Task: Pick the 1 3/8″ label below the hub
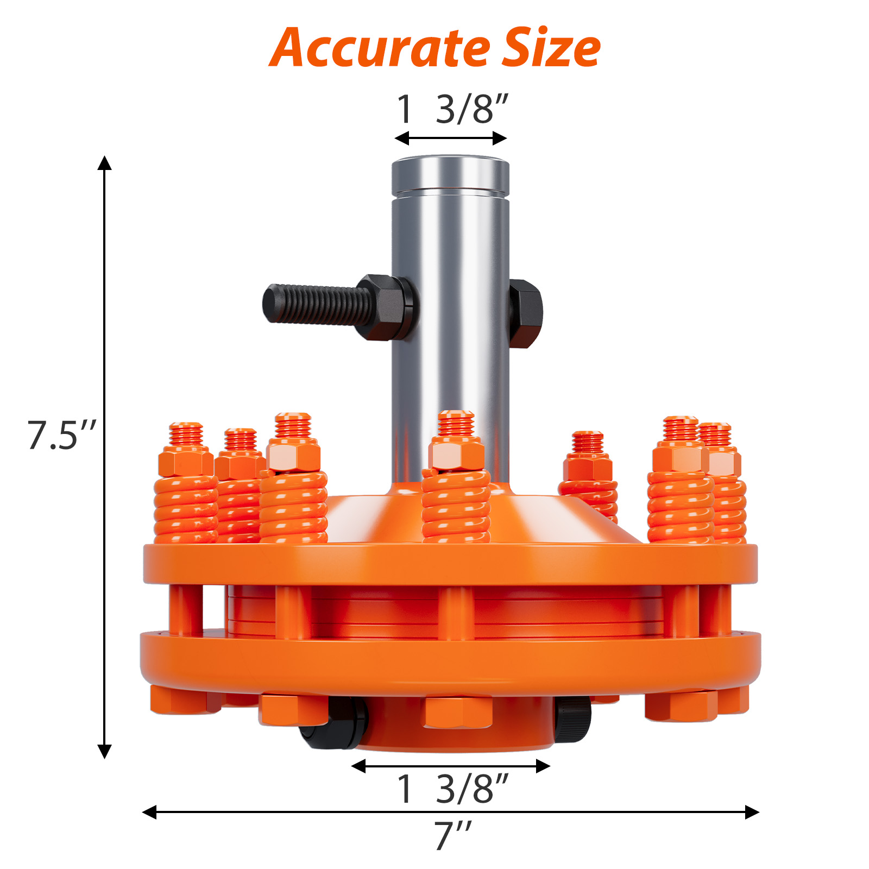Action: pos(452,789)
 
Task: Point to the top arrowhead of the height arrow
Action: pos(104,162)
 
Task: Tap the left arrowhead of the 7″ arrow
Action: pos(149,812)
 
